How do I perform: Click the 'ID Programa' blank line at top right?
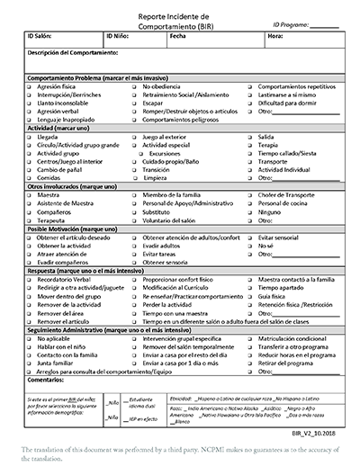pos(325,26)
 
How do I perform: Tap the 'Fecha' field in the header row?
pos(177,38)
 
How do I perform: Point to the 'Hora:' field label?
pos(275,38)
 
